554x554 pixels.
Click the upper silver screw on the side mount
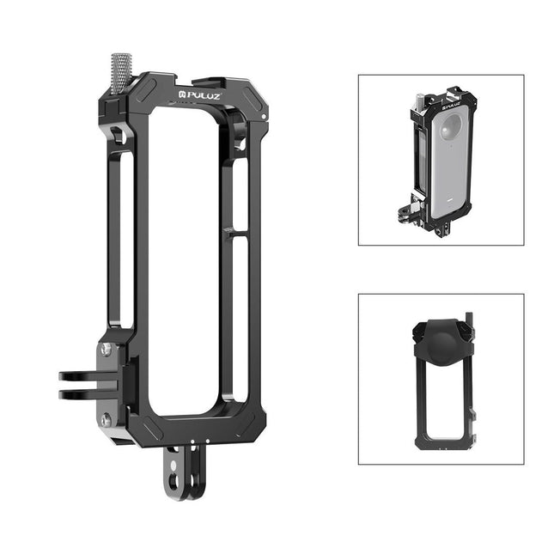pyautogui.click(x=106, y=349)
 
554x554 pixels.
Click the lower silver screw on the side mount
pyautogui.click(x=106, y=419)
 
